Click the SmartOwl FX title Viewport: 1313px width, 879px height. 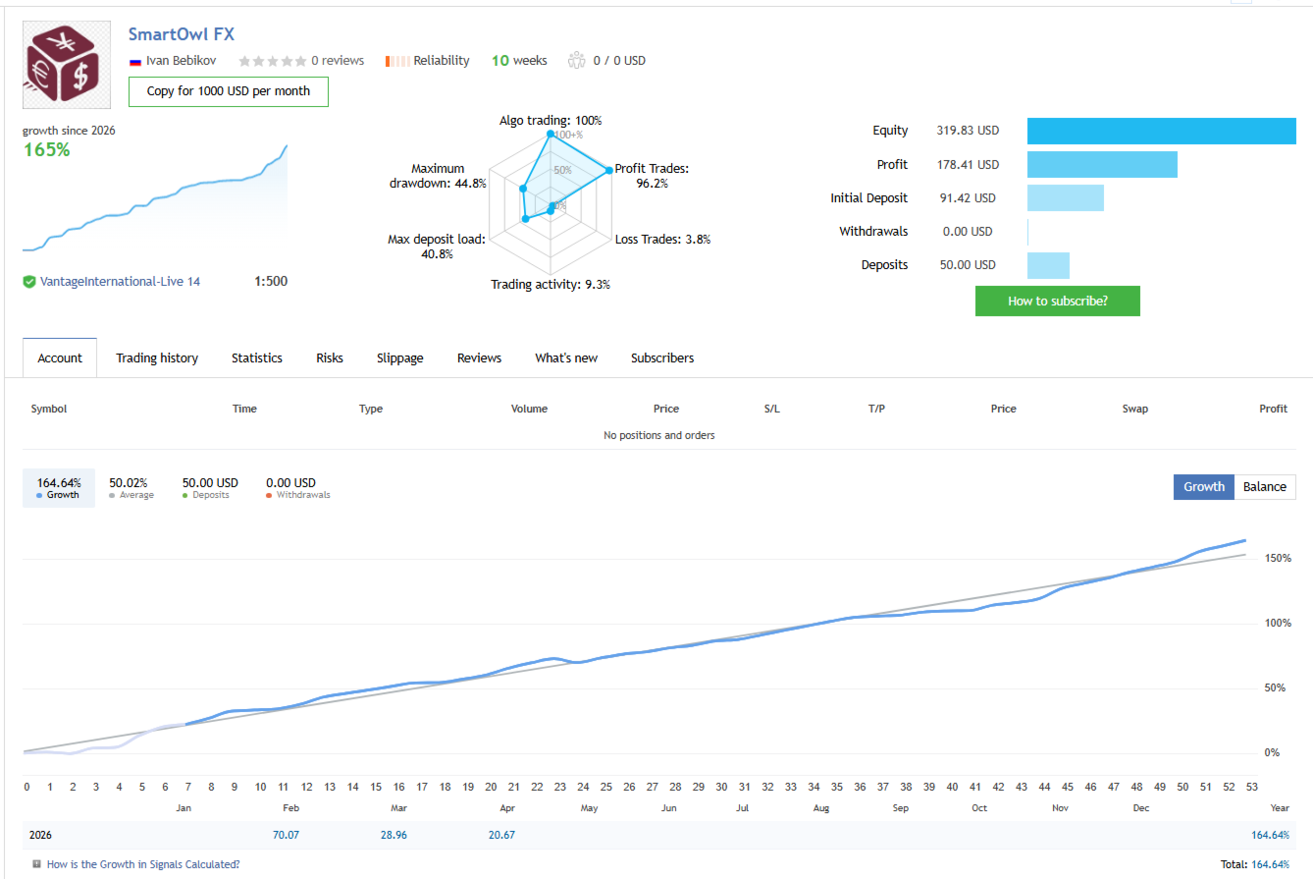(182, 33)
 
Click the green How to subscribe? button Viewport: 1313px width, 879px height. (1057, 302)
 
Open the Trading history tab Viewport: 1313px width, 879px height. (157, 358)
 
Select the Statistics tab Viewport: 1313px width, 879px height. (257, 358)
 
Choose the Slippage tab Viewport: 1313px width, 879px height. (399, 358)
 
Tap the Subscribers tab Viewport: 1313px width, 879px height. (661, 358)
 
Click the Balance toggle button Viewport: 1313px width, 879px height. (1264, 487)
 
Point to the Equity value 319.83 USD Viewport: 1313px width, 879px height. (968, 131)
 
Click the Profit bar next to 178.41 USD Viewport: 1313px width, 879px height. (1101, 165)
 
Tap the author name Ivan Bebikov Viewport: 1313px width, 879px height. (182, 61)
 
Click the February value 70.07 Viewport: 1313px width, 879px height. (286, 836)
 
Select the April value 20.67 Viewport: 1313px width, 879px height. (501, 836)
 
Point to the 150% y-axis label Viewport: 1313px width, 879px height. (1274, 559)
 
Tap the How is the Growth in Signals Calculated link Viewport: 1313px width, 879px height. (142, 865)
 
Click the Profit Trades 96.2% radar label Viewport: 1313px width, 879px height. (652, 175)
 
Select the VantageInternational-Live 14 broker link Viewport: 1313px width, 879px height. (120, 282)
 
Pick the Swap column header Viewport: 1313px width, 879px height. (1134, 410)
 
